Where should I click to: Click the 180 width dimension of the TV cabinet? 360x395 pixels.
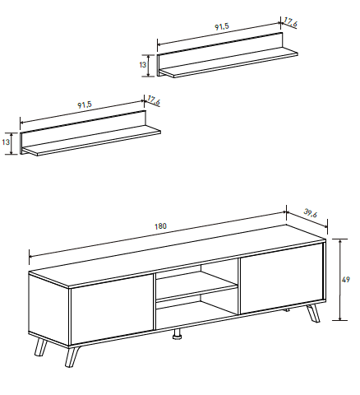(x=160, y=226)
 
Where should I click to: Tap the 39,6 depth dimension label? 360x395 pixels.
(x=311, y=213)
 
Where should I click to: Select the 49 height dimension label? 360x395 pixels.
(x=346, y=280)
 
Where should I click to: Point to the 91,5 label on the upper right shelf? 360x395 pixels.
(x=222, y=26)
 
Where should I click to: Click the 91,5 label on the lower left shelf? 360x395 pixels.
(x=85, y=105)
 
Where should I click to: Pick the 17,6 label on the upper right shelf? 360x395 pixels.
(x=290, y=22)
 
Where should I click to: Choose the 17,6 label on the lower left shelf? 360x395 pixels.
(x=154, y=100)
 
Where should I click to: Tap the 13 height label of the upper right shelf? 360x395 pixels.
(x=143, y=65)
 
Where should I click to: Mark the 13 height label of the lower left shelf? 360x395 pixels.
(x=6, y=142)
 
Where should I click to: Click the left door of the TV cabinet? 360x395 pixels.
(x=112, y=309)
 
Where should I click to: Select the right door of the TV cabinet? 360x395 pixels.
(x=282, y=278)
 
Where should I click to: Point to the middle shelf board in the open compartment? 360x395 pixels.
(x=196, y=291)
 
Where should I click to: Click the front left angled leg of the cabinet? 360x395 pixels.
(x=72, y=355)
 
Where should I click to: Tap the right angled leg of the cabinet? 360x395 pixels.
(x=313, y=314)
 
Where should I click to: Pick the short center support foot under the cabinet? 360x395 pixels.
(x=177, y=333)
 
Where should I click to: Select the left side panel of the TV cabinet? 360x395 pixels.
(x=49, y=309)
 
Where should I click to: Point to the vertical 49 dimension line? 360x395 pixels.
(x=340, y=280)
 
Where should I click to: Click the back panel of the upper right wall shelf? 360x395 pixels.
(x=220, y=53)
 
